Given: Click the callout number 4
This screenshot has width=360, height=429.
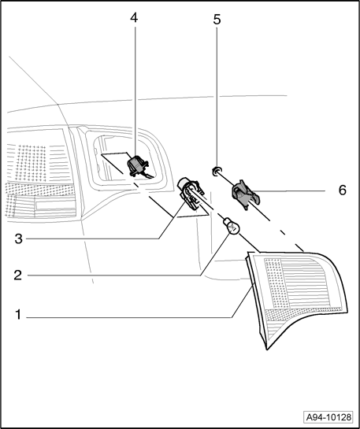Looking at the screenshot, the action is pos(134,18).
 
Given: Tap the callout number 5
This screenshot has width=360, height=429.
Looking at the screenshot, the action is pos(217,20).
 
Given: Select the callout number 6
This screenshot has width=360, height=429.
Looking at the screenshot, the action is pos(343,190).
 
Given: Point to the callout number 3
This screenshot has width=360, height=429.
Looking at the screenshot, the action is pos(18,239).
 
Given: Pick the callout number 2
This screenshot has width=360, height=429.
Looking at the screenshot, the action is pos(18,275).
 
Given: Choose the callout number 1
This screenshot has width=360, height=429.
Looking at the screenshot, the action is pos(18,315).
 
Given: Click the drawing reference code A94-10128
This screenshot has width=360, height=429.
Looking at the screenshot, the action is pos(328,417).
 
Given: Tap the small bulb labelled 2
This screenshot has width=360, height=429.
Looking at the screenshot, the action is pos(232,227).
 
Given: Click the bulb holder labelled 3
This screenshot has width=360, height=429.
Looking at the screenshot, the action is pos(191,193).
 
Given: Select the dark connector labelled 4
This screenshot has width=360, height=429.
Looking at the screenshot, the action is pos(137,166).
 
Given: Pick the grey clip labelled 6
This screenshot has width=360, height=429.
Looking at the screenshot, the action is pos(244,194).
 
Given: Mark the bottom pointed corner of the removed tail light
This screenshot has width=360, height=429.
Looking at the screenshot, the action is pos(266,349).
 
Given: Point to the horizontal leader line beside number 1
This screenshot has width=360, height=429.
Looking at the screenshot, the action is pos(129,318).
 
